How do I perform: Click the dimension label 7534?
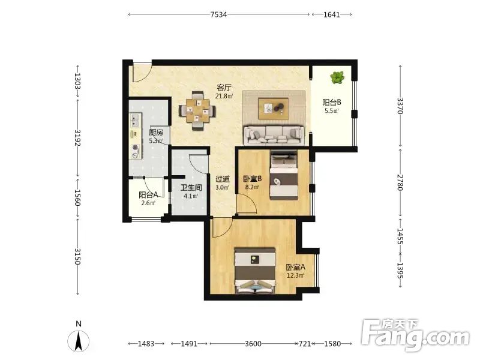(x=218, y=14)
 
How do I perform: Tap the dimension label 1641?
(x=332, y=14)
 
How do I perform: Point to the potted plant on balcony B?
(x=337, y=77)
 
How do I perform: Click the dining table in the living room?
(x=197, y=110)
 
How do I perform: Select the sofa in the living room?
(x=274, y=134)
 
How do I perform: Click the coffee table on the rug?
(x=274, y=109)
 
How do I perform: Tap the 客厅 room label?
(x=224, y=88)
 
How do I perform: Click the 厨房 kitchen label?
(x=156, y=133)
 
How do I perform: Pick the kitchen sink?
(x=136, y=120)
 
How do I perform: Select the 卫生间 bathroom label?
(x=191, y=188)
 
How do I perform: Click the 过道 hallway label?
(x=223, y=179)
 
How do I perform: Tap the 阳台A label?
(x=148, y=194)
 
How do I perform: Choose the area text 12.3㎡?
(x=295, y=275)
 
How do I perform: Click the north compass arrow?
(x=79, y=341)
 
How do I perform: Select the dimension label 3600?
(x=253, y=344)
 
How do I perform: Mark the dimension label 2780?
(x=400, y=182)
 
